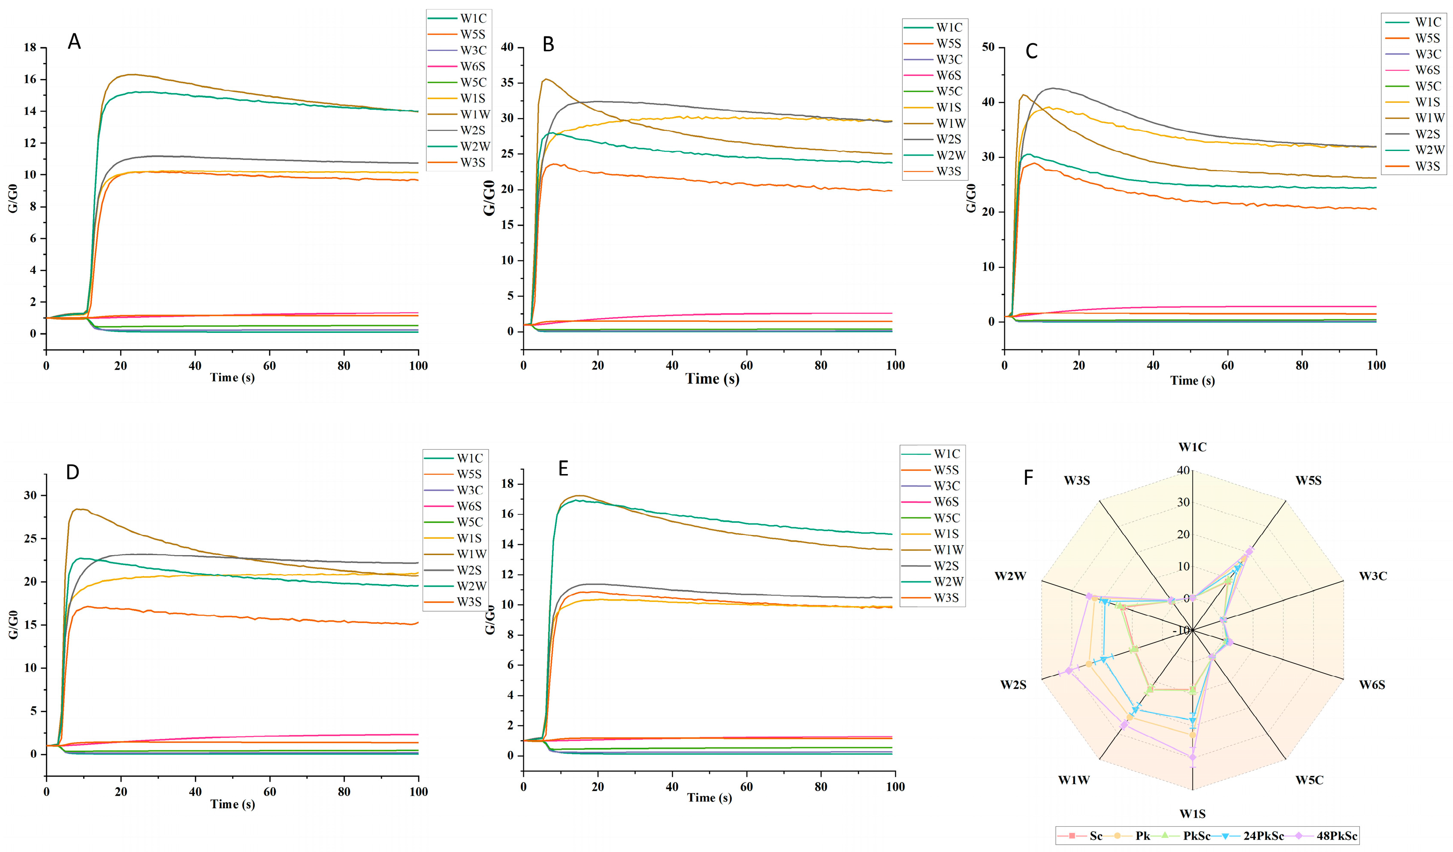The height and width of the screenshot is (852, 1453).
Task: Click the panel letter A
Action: click(x=74, y=42)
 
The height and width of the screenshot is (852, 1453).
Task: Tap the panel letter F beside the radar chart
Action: click(x=1028, y=478)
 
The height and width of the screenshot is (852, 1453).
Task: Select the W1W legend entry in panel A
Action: click(x=474, y=115)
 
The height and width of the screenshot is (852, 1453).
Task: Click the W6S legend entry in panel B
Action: click(x=949, y=76)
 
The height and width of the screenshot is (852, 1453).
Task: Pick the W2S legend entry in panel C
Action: click(x=1428, y=134)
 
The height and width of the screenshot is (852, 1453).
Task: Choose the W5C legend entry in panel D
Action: click(x=470, y=522)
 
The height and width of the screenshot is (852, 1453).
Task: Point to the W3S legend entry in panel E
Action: click(x=946, y=598)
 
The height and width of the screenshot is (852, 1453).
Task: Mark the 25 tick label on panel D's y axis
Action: click(x=30, y=538)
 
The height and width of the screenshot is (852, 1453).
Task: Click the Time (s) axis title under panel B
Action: click(x=712, y=379)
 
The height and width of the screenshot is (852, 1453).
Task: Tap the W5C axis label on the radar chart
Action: click(x=1309, y=780)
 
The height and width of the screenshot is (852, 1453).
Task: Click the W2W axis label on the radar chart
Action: click(x=1010, y=576)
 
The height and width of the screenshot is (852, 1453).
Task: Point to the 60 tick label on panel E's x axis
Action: click(x=746, y=786)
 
